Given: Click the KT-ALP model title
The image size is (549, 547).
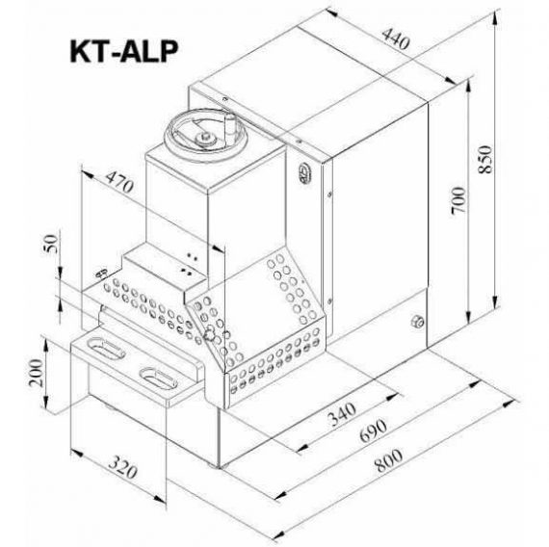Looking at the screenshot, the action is pyautogui.click(x=124, y=51).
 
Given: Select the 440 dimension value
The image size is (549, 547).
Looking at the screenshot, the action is pyautogui.click(x=396, y=39).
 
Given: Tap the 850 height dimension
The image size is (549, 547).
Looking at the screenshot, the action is pyautogui.click(x=485, y=159).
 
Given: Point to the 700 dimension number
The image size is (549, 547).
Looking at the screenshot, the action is pyautogui.click(x=458, y=200).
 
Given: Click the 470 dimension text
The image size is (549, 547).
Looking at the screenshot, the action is pyautogui.click(x=119, y=182).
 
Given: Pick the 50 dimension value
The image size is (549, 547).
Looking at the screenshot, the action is pyautogui.click(x=50, y=244).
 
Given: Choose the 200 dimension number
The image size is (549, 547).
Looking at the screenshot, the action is pyautogui.click(x=36, y=373).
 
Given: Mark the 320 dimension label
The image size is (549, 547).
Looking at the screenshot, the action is pyautogui.click(x=122, y=467).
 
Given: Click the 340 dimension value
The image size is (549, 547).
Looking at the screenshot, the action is pyautogui.click(x=342, y=413).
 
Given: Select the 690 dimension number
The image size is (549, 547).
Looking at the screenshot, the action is pyautogui.click(x=374, y=430).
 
